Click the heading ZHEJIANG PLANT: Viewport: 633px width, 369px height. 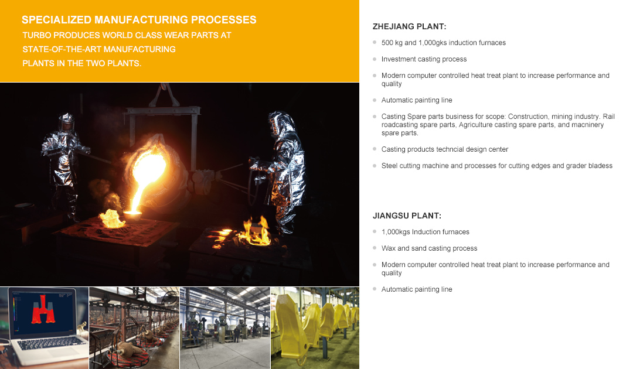click(409, 26)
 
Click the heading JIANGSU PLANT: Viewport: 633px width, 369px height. click(407, 216)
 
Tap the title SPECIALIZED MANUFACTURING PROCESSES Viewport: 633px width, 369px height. click(139, 20)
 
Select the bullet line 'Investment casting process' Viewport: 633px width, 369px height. click(424, 59)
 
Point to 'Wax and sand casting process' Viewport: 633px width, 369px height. click(429, 248)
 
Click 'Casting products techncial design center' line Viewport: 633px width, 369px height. click(444, 149)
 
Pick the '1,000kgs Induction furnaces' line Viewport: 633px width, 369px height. click(425, 232)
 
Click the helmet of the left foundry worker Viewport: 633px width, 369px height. click(66, 122)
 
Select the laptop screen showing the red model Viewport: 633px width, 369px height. click(43, 312)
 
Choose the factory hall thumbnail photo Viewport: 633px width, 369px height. click(225, 328)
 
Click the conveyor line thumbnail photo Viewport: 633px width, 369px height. click(134, 328)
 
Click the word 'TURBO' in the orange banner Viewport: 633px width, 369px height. click(37, 36)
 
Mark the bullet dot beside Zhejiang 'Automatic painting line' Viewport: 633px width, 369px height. click(375, 100)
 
